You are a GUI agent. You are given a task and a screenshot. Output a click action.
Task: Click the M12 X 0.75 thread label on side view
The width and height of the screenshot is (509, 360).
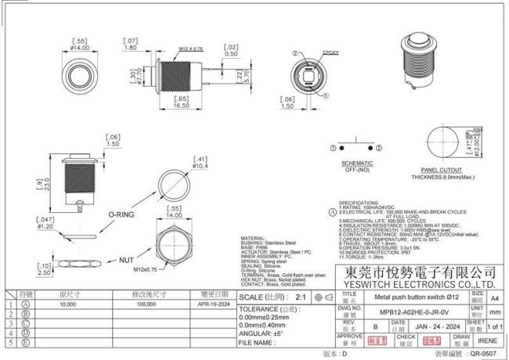[x=190, y=49]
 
